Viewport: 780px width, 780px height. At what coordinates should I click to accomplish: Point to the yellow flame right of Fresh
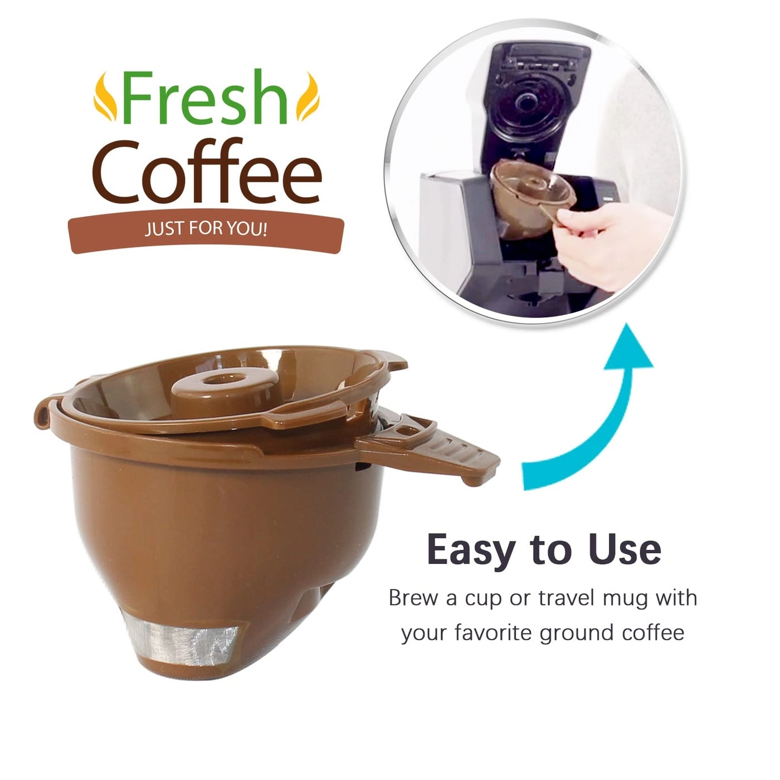pyautogui.click(x=307, y=97)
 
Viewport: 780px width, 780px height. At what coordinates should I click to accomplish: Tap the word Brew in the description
pyautogui.click(x=413, y=598)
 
